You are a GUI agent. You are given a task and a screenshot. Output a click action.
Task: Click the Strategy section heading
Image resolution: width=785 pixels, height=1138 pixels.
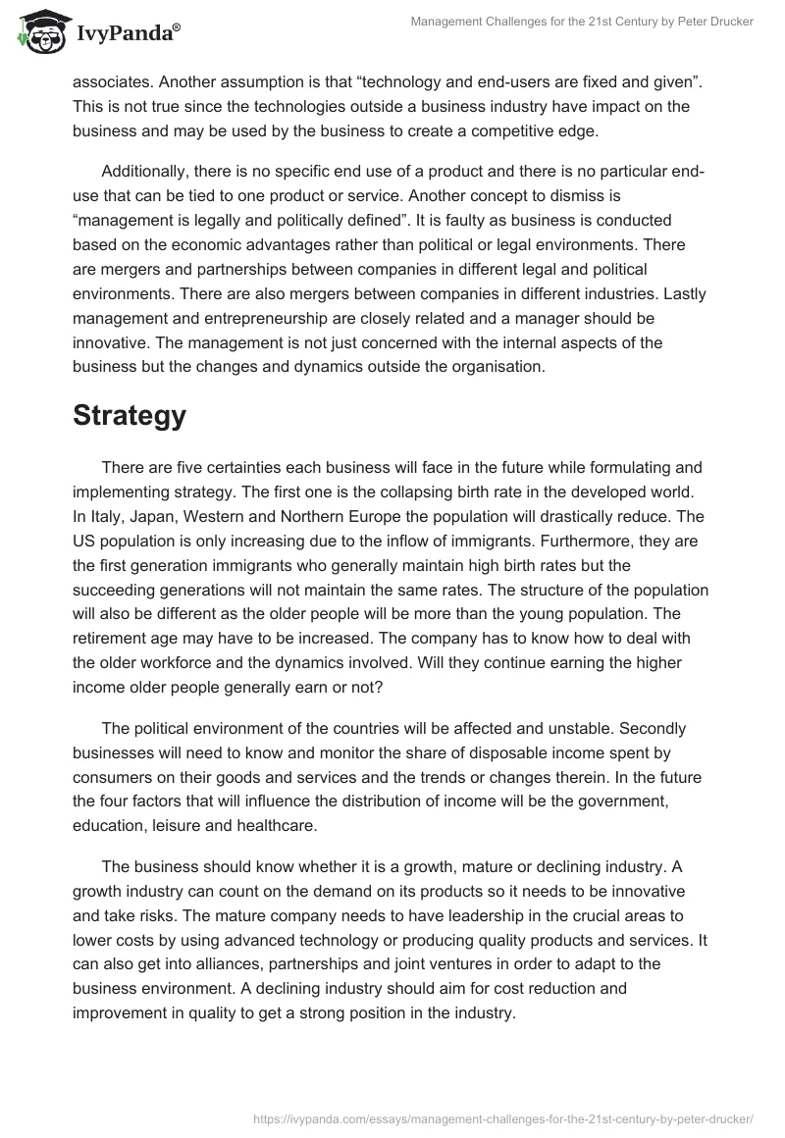pos(130,416)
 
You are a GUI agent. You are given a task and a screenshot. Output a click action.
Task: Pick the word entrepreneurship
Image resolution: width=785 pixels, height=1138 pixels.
pos(264,319)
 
